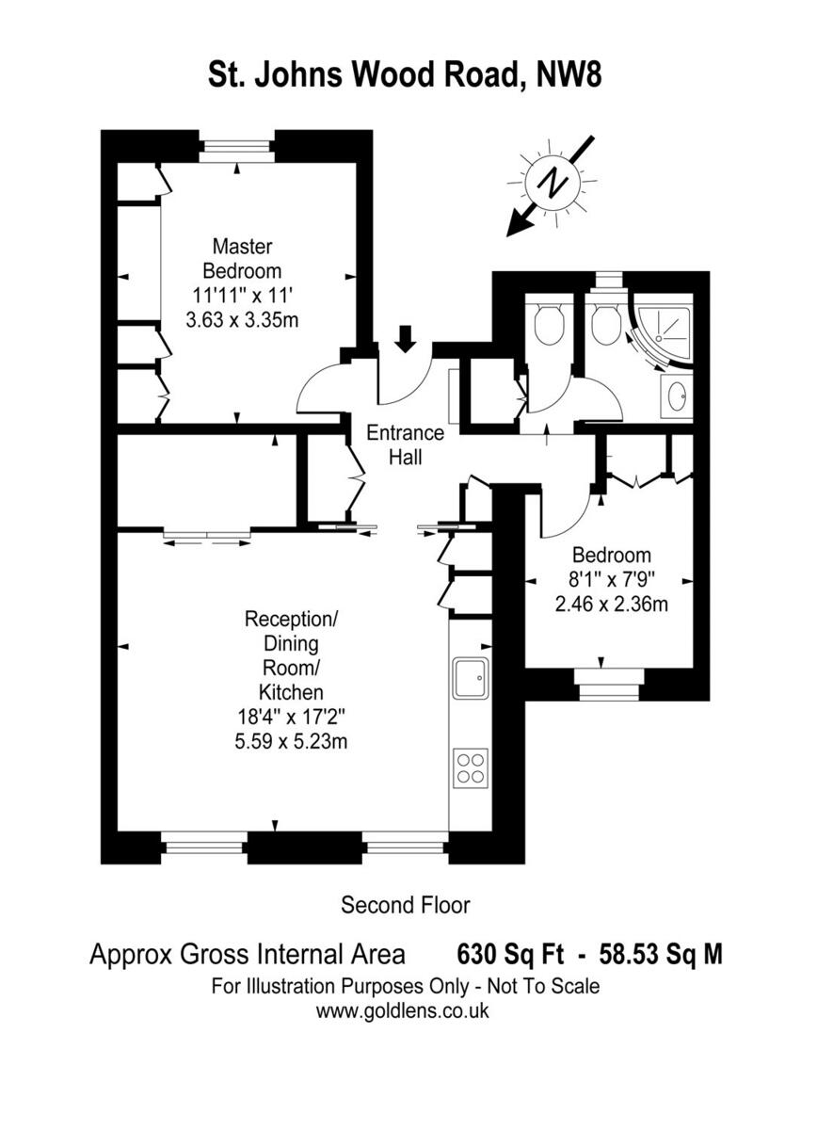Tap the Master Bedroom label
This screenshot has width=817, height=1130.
242,258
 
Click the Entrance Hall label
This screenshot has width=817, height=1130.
404,445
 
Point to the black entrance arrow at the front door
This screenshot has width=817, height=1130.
405,338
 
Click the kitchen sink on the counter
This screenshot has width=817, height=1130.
470,678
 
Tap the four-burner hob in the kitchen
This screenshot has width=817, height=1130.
470,765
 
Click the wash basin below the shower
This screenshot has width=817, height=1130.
677,397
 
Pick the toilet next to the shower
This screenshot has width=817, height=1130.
606,325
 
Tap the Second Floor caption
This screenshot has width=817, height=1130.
405,905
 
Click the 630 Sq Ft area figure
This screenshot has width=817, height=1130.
510,955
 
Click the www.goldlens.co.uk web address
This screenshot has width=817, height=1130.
403,1012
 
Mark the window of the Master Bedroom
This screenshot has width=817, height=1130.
236,150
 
